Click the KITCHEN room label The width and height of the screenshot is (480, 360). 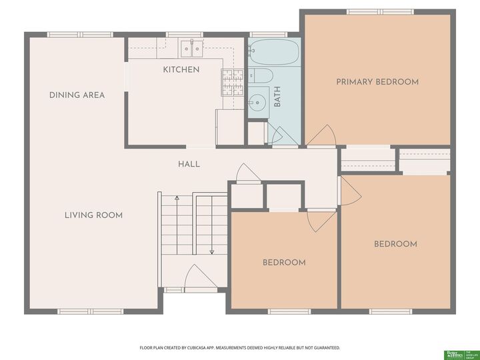(x=181, y=69)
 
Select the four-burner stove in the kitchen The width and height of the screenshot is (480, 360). (x=231, y=83)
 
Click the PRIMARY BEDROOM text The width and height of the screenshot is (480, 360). (x=377, y=82)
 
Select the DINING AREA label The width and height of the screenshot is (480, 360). (x=77, y=95)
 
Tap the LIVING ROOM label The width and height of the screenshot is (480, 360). (x=93, y=215)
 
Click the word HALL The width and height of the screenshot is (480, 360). (x=189, y=164)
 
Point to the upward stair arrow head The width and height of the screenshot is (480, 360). (x=177, y=198)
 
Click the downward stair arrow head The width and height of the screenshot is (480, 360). (x=212, y=252)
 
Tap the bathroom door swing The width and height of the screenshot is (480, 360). (x=276, y=135)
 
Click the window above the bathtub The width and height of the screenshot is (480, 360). (x=267, y=34)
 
